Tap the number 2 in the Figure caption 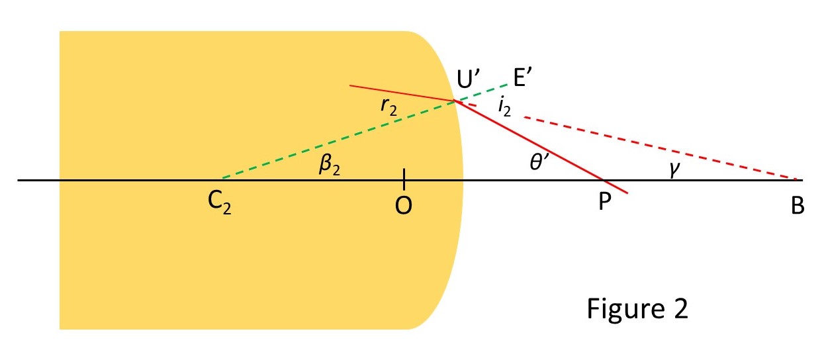(x=679, y=309)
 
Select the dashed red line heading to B (x=662, y=148)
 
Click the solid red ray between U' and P (x=529, y=140)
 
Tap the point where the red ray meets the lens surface (x=454, y=101)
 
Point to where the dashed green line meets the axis (x=221, y=179)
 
